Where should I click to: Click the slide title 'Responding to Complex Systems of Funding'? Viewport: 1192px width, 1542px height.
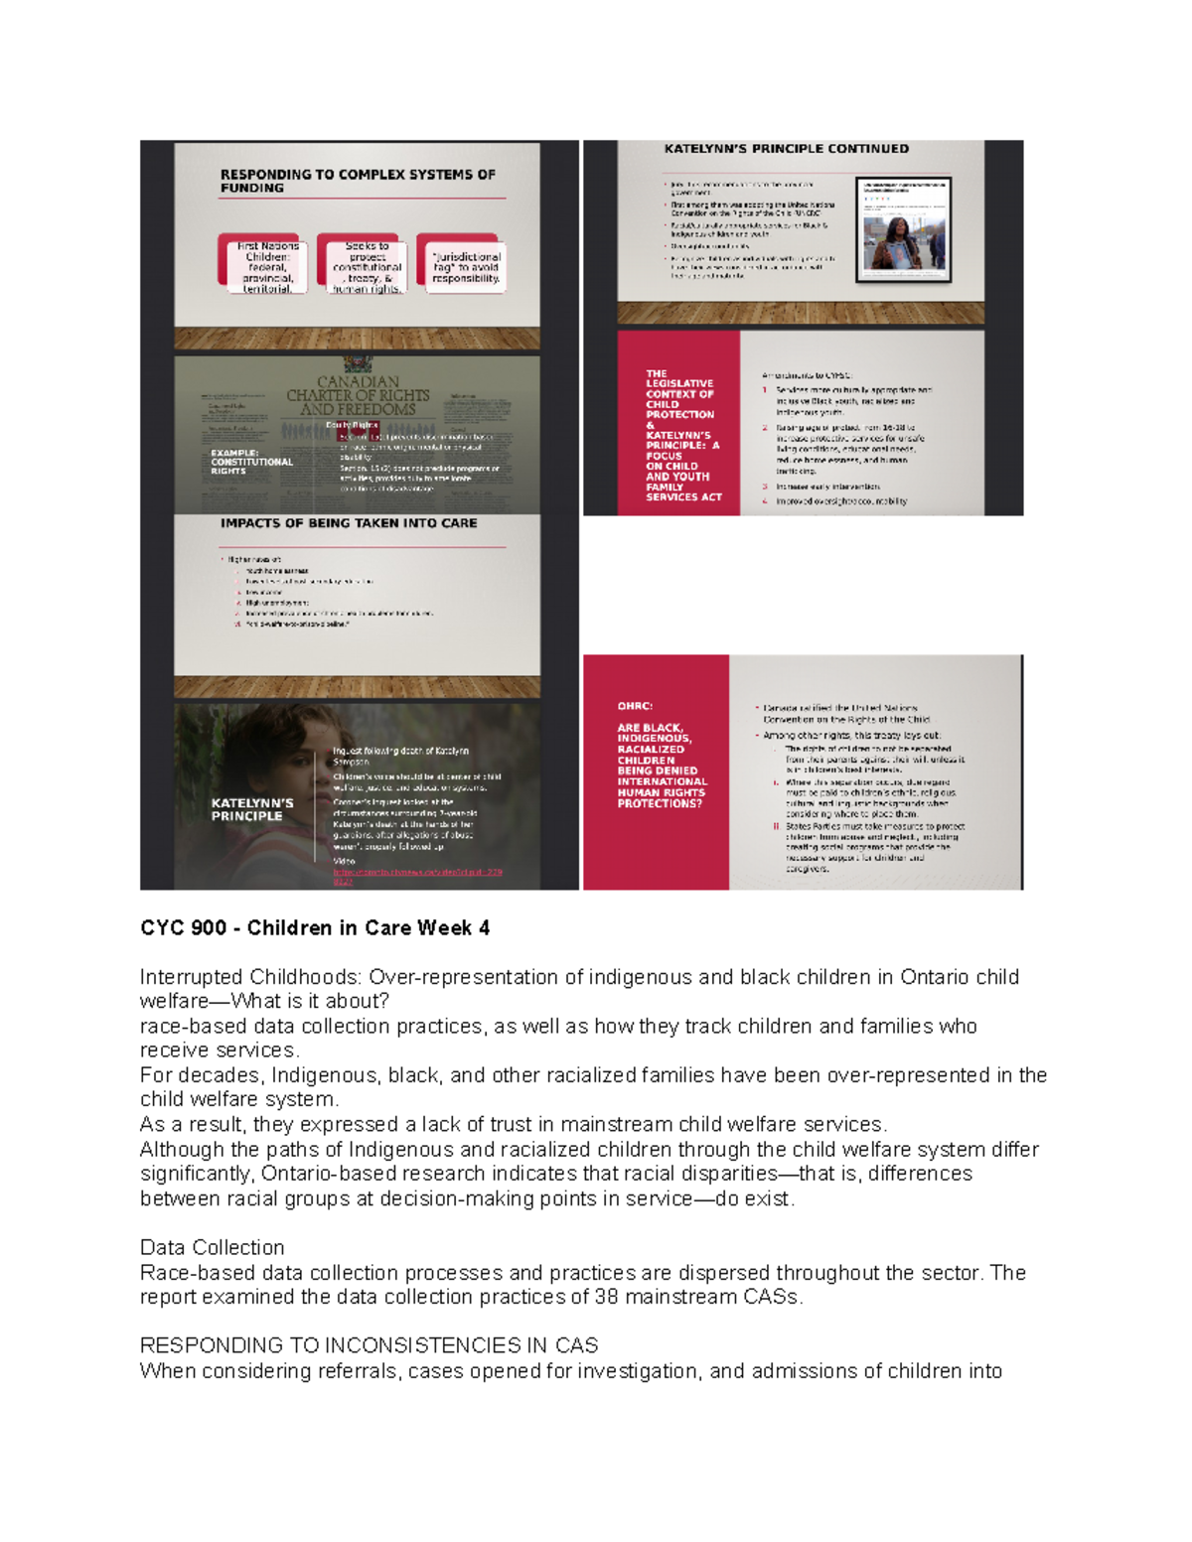coord(357,181)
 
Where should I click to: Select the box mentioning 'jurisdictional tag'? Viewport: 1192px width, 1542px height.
coord(465,266)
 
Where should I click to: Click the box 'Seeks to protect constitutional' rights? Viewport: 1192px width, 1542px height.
coord(367,266)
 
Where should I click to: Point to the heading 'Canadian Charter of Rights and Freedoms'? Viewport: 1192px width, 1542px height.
coord(358,395)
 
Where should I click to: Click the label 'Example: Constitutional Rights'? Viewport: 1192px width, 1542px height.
coord(251,462)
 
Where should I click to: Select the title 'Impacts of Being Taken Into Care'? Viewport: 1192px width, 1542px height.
coord(348,523)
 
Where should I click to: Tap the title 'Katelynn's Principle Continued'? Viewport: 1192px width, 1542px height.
coord(786,149)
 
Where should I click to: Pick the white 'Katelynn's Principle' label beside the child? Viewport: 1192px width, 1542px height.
coord(252,809)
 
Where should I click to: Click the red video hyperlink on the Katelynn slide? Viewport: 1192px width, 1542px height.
coord(417,876)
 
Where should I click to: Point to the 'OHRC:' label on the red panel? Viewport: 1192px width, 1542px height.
coord(635,707)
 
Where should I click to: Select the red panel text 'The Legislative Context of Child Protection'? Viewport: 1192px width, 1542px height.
coord(680,394)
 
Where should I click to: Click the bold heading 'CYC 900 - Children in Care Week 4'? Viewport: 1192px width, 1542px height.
coord(315,928)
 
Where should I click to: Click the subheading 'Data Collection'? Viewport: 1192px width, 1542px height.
coord(212,1247)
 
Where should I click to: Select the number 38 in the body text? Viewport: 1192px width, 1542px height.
coord(606,1297)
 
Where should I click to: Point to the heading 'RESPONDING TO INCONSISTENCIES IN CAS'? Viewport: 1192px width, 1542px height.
coord(369,1345)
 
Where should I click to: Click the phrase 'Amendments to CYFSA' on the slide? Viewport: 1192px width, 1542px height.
coord(807,375)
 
